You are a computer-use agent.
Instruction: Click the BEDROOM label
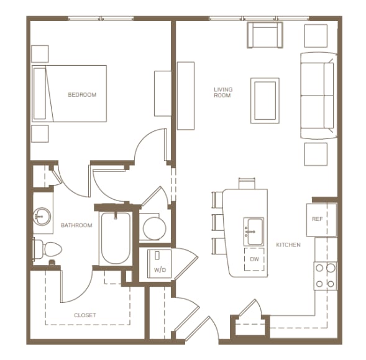tap(82, 95)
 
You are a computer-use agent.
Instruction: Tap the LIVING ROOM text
tap(223, 92)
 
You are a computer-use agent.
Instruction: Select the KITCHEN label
tap(288, 245)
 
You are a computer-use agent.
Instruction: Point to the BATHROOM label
tap(76, 225)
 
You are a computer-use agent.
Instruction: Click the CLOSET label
tap(85, 315)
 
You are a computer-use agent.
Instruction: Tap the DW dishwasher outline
tap(254, 259)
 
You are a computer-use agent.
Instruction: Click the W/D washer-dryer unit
tap(160, 264)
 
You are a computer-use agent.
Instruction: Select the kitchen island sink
tap(254, 232)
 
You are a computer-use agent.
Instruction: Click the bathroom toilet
tap(48, 250)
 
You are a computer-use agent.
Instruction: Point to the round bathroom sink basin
tap(42, 217)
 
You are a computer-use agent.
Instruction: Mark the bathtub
tap(116, 238)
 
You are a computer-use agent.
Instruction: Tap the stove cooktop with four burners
tap(326, 276)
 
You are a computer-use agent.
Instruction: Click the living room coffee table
tap(265, 101)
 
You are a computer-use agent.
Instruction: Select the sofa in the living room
tap(319, 96)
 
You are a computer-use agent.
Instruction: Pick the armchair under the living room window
tap(265, 35)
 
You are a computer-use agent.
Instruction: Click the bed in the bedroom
tap(70, 94)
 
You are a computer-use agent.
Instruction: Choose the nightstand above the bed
tap(40, 54)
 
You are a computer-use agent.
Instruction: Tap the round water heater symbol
tap(155, 228)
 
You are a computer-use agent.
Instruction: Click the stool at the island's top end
tap(247, 183)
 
